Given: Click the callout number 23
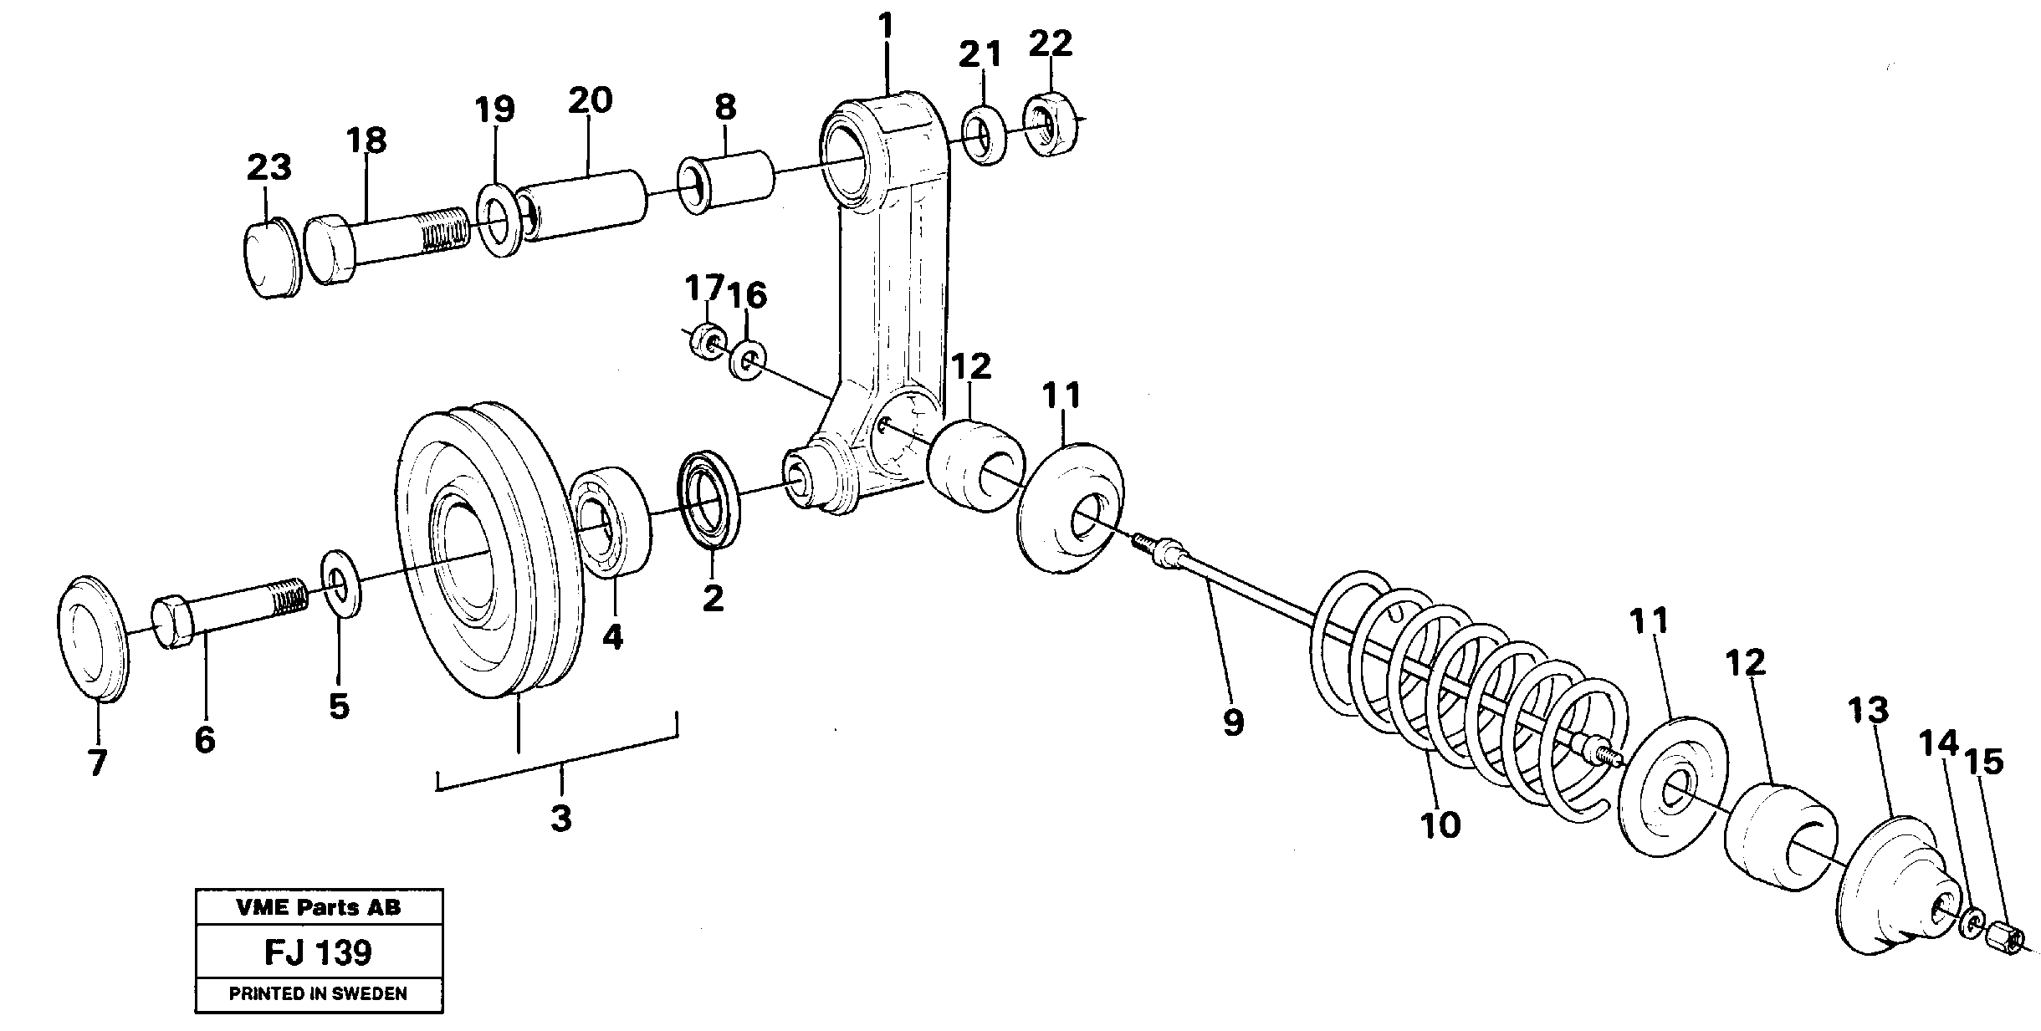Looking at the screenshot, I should [x=269, y=167].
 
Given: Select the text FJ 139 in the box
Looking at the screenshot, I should [x=319, y=952].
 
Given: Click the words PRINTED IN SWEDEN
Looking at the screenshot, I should [x=319, y=994].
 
